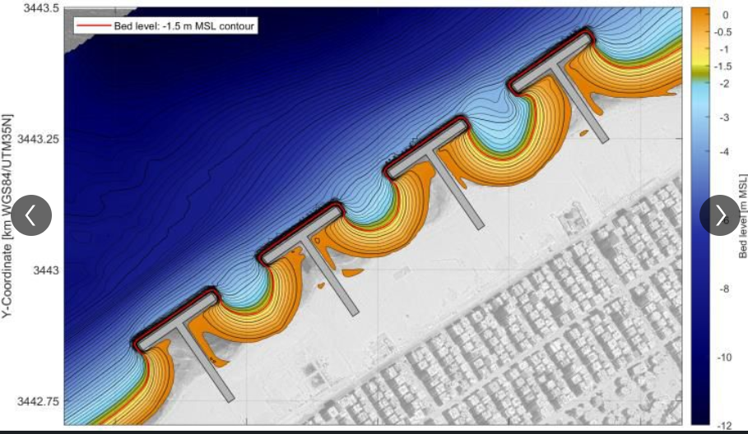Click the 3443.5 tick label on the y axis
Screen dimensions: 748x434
(x=41, y=8)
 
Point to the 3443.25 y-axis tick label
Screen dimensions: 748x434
(x=38, y=139)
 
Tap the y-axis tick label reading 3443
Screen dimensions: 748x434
(x=45, y=270)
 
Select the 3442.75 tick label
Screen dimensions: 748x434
(x=38, y=401)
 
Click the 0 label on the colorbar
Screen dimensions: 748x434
(x=725, y=15)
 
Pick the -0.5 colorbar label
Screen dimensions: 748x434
(x=722, y=32)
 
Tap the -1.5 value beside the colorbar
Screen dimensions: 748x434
(x=722, y=67)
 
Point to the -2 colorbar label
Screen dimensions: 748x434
(x=724, y=83)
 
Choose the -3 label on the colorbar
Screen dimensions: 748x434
(x=724, y=118)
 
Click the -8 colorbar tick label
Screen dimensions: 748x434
(x=724, y=289)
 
